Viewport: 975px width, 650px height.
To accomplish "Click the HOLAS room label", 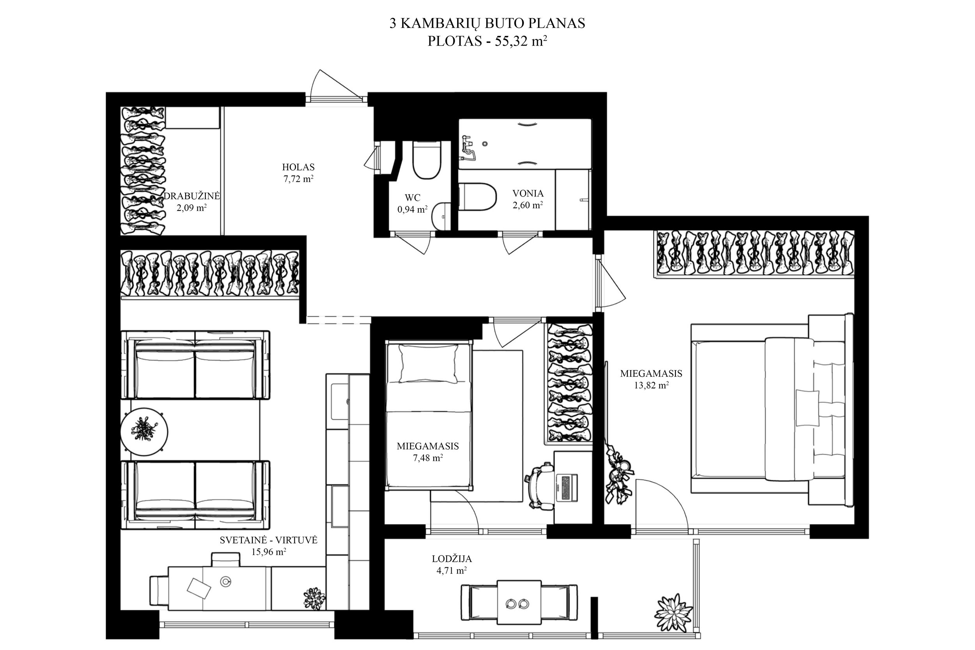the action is tap(298, 167).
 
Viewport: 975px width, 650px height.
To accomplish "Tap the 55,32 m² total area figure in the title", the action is tap(521, 41).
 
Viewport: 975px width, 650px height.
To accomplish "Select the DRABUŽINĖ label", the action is tap(191, 196).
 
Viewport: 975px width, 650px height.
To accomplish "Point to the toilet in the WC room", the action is tap(427, 160).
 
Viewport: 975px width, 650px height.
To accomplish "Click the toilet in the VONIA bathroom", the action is tap(477, 197).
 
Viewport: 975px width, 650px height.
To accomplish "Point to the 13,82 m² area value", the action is tap(651, 385).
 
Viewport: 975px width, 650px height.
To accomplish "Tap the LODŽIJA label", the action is tap(452, 559).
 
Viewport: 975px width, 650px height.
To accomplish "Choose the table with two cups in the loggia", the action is tap(519, 602).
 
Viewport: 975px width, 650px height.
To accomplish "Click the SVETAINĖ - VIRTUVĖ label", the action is tap(269, 540).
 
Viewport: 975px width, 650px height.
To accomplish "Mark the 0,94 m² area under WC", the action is tap(413, 209).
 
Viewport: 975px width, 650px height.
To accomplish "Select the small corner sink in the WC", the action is tap(441, 216).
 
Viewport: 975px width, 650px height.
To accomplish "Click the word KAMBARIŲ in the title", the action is tap(441, 24).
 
